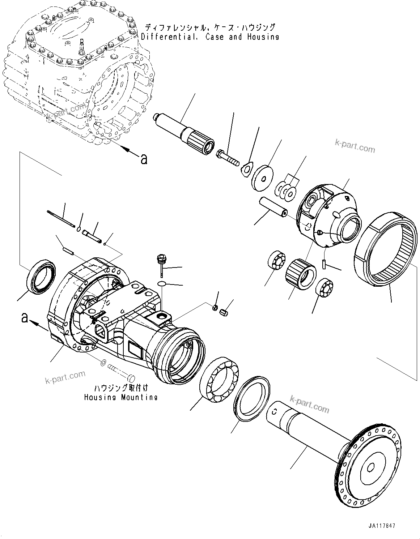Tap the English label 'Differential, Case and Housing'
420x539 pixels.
[x=210, y=37]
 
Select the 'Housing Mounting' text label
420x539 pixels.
[x=121, y=397]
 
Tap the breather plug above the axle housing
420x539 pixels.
[x=160, y=262]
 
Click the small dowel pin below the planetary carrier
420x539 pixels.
[x=324, y=263]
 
